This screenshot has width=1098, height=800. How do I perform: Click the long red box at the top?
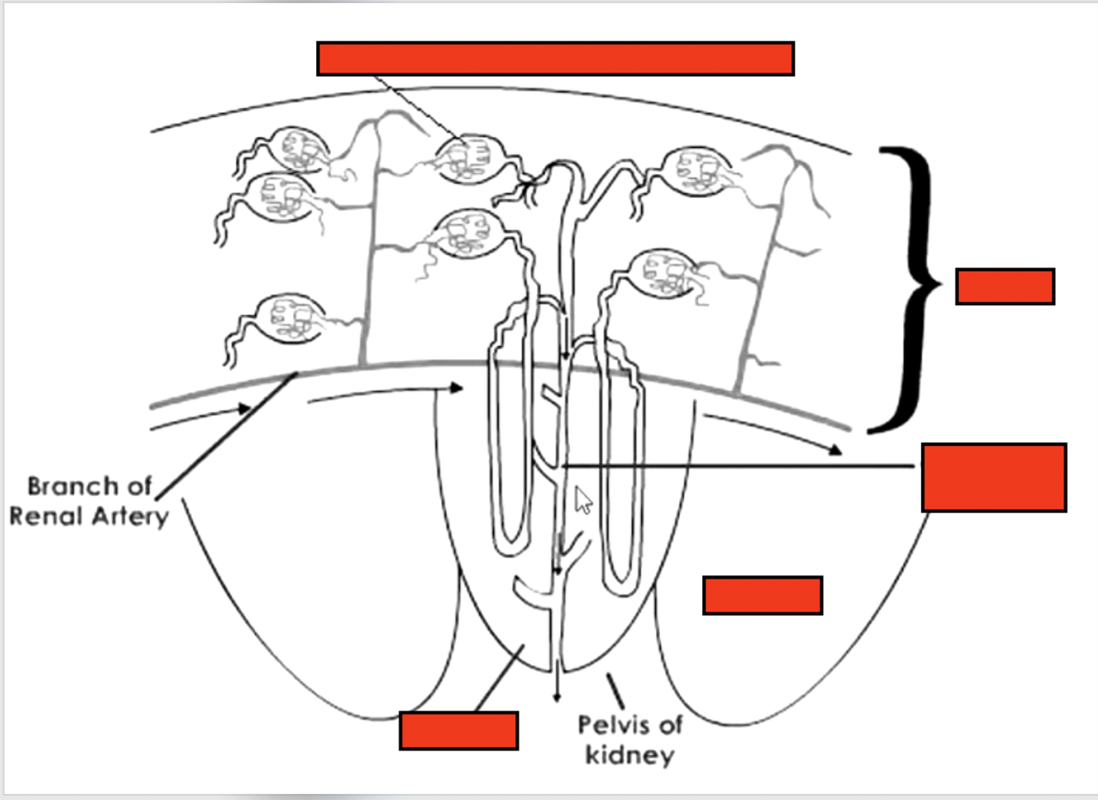[x=556, y=58]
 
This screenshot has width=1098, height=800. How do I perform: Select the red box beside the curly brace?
[x=1005, y=286]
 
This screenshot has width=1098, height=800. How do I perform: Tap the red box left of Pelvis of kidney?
[x=458, y=731]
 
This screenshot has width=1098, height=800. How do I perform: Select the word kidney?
[x=630, y=755]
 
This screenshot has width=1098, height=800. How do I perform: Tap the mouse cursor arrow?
[x=583, y=500]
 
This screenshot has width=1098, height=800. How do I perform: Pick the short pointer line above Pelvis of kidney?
[x=615, y=690]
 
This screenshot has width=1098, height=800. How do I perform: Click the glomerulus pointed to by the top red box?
[x=467, y=159]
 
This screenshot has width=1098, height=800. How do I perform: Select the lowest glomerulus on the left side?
[x=287, y=319]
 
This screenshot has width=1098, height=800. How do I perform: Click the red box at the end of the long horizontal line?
[x=993, y=477]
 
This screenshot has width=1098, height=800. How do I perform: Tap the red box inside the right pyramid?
[x=762, y=595]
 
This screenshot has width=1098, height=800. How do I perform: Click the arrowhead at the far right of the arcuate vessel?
[x=835, y=449]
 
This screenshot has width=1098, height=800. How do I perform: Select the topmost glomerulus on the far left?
[x=292, y=149]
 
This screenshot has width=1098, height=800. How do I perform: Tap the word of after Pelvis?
[x=670, y=725]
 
